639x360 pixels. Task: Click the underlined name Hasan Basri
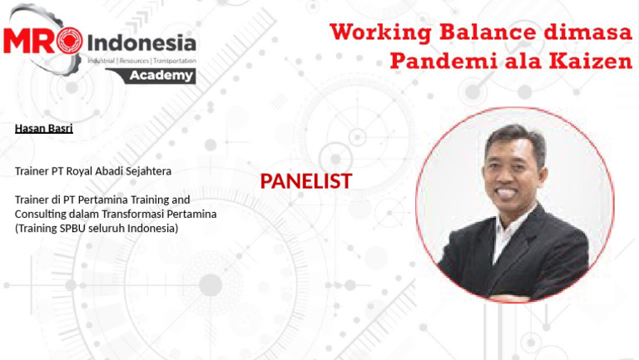point(43,128)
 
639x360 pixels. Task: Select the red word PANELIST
point(305,181)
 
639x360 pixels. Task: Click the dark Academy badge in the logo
point(162,76)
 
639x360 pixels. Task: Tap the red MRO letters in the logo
point(42,42)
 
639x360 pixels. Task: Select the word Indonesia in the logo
point(141,42)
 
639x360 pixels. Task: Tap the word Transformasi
point(132,214)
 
